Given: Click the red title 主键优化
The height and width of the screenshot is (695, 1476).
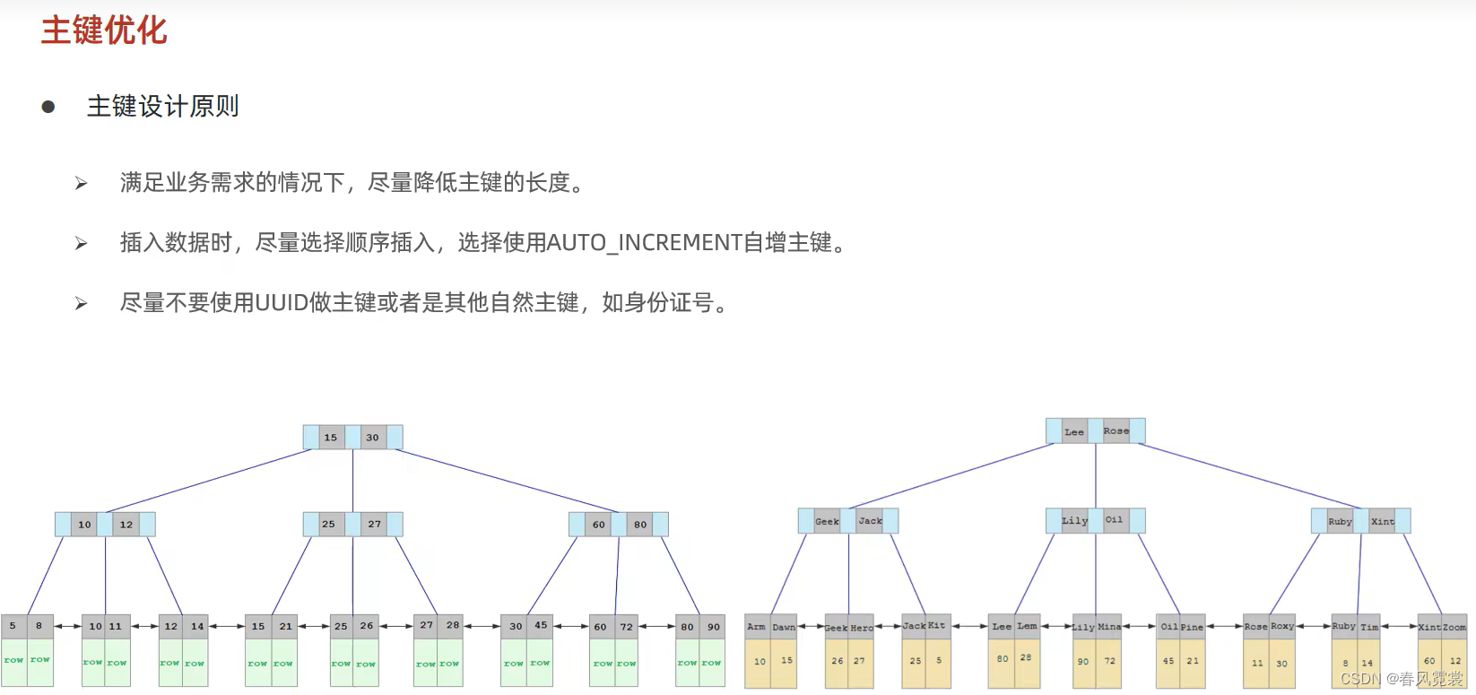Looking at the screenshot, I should pyautogui.click(x=104, y=30).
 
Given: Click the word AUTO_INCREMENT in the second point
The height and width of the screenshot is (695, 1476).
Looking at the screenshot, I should pyautogui.click(x=644, y=243).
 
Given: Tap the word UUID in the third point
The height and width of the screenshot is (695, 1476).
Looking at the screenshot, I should pyautogui.click(x=282, y=303).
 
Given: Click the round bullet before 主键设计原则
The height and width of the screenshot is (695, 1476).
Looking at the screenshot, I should pyautogui.click(x=48, y=108).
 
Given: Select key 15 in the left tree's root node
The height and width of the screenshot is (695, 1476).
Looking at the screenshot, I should pyautogui.click(x=331, y=438).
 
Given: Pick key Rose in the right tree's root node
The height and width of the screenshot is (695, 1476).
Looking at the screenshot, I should pyautogui.click(x=1116, y=431).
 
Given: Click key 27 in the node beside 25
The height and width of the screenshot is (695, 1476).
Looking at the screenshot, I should pyautogui.click(x=374, y=525).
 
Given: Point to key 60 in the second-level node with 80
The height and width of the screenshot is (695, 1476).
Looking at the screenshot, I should pyautogui.click(x=598, y=525).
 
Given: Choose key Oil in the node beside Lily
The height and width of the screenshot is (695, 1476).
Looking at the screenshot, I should pyautogui.click(x=1114, y=520).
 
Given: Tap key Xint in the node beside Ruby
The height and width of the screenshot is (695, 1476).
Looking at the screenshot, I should pyautogui.click(x=1382, y=521).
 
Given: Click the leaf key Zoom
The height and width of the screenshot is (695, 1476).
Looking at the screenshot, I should pyautogui.click(x=1454, y=627).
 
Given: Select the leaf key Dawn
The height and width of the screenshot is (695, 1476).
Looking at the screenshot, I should pyautogui.click(x=784, y=627).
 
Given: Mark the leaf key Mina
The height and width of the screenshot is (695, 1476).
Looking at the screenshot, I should pyautogui.click(x=1109, y=627).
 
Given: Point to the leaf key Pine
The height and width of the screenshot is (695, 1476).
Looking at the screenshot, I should pyautogui.click(x=1192, y=627).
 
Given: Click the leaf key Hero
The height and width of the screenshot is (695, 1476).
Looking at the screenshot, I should pyautogui.click(x=862, y=628).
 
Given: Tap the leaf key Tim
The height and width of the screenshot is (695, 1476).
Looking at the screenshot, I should pyautogui.click(x=1369, y=627).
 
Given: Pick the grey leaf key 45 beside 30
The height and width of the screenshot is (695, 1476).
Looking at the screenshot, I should pyautogui.click(x=541, y=626).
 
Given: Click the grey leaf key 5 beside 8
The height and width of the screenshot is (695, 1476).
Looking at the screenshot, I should pyautogui.click(x=13, y=626).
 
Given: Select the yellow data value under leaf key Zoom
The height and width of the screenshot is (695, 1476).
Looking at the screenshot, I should pyautogui.click(x=1455, y=661).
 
